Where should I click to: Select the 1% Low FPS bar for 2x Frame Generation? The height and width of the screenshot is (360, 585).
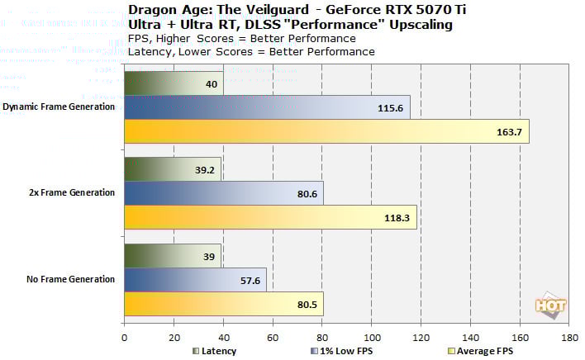[223, 193]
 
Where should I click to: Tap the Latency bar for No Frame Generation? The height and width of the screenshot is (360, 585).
[172, 255]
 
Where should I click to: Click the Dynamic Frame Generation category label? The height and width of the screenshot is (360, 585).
[59, 107]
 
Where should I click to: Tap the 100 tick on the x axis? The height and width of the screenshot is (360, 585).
[372, 337]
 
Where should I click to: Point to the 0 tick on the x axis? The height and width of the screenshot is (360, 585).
[124, 337]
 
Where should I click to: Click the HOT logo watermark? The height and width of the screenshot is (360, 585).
[552, 306]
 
